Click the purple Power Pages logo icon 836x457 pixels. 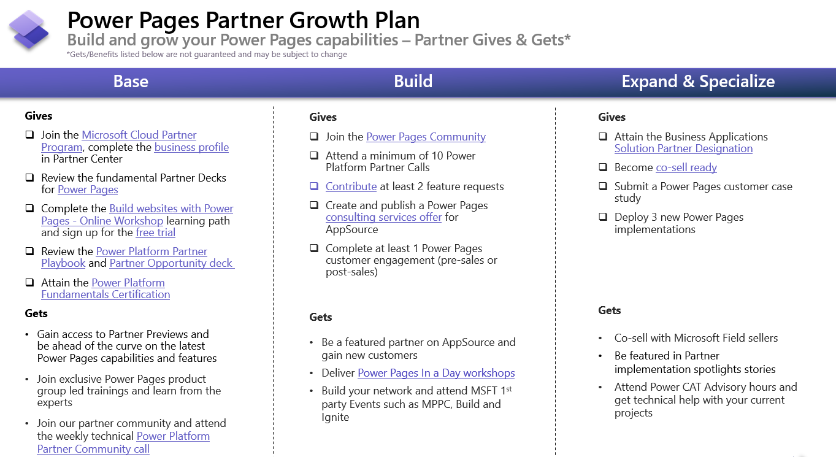pyautogui.click(x=29, y=29)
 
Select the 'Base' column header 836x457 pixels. pyautogui.click(x=131, y=82)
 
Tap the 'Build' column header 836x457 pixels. pyautogui.click(x=413, y=82)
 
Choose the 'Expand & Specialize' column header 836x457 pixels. pyautogui.click(x=698, y=82)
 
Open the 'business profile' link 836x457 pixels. pyautogui.click(x=191, y=147)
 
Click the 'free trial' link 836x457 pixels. pyautogui.click(x=156, y=232)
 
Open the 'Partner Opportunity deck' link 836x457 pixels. pyautogui.click(x=171, y=263)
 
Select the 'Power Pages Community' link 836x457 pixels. pyautogui.click(x=426, y=137)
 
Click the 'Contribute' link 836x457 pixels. pyautogui.click(x=351, y=186)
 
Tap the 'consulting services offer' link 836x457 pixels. pyautogui.click(x=383, y=217)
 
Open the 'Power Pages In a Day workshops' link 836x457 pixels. pyautogui.click(x=436, y=373)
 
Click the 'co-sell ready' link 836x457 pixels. pyautogui.click(x=686, y=167)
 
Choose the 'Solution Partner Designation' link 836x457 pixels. pyautogui.click(x=683, y=148)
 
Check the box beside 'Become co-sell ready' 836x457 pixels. pyautogui.click(x=603, y=167)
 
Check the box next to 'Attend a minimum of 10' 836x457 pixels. pyautogui.click(x=314, y=156)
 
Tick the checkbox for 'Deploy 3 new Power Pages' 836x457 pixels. pyautogui.click(x=603, y=217)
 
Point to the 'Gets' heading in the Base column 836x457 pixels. pyautogui.click(x=36, y=313)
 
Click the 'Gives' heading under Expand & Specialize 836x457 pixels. pyautogui.click(x=612, y=117)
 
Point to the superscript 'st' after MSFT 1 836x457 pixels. pyautogui.click(x=508, y=389)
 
